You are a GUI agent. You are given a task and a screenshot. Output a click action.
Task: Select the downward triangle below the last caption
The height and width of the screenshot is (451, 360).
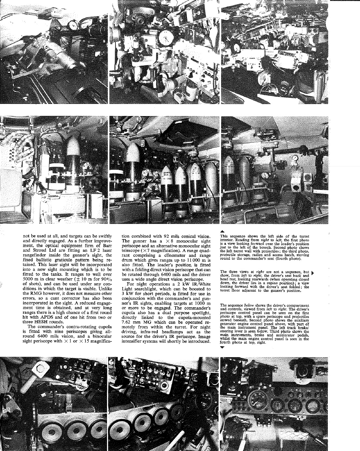point(222,347)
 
